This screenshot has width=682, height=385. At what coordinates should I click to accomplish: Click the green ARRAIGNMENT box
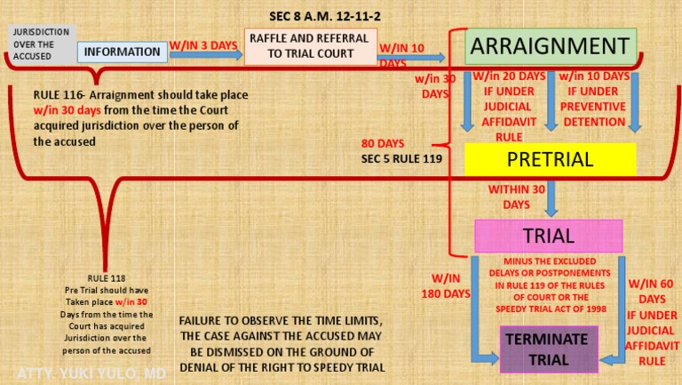[551, 46]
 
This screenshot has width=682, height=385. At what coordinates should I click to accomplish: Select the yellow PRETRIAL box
[551, 159]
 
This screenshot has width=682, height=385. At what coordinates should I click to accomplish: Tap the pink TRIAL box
[549, 236]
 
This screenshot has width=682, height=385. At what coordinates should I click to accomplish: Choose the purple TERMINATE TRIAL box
[549, 349]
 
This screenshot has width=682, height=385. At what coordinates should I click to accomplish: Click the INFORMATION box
[123, 52]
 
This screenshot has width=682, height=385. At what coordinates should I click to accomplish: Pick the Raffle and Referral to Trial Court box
[311, 46]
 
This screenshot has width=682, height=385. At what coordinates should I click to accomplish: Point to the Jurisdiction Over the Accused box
[42, 44]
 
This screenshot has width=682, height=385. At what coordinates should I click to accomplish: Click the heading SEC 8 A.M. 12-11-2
[325, 17]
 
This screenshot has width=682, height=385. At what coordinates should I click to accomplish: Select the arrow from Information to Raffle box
[206, 55]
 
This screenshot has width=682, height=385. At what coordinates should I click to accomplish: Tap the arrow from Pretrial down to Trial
[551, 198]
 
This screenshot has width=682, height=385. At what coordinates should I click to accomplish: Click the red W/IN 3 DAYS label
[203, 45]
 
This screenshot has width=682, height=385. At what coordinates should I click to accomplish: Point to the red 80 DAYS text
[383, 143]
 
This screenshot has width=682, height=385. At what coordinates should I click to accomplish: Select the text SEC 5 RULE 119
[401, 159]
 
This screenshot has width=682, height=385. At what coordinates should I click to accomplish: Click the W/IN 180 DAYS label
[446, 286]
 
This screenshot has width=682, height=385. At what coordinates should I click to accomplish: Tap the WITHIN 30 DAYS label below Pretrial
[516, 197]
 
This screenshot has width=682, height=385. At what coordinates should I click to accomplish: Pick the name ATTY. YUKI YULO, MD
[91, 373]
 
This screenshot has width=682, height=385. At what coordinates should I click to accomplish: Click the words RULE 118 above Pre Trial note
[107, 278]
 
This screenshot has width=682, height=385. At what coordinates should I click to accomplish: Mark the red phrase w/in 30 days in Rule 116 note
[67, 110]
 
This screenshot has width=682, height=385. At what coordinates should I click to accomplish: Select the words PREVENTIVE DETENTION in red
[593, 114]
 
